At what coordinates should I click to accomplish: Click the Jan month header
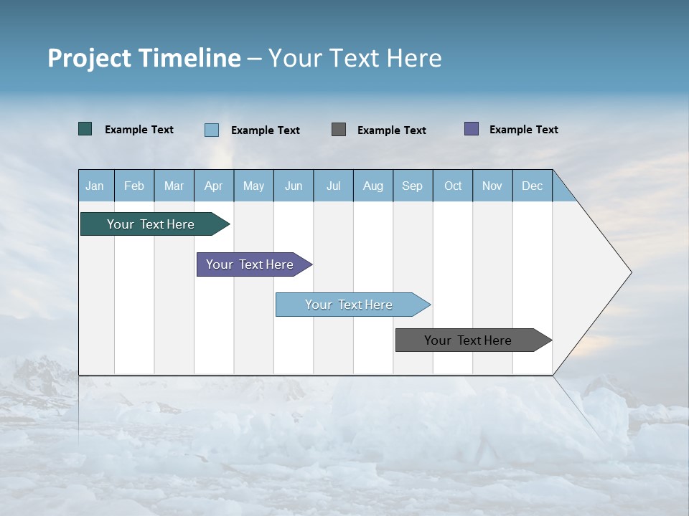pyautogui.click(x=95, y=186)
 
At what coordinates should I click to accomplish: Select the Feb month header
pyautogui.click(x=134, y=186)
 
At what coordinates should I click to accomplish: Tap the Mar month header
pyautogui.click(x=174, y=186)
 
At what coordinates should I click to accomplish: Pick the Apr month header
pyautogui.click(x=213, y=186)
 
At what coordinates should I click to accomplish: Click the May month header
pyautogui.click(x=253, y=186)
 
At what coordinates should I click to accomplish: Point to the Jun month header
pyautogui.click(x=294, y=186)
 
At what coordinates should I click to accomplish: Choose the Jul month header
pyautogui.click(x=333, y=186)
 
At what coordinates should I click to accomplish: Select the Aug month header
pyautogui.click(x=372, y=186)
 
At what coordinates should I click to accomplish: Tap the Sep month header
pyautogui.click(x=412, y=186)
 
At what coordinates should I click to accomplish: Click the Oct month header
pyautogui.click(x=453, y=186)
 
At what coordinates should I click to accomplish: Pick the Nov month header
pyautogui.click(x=492, y=186)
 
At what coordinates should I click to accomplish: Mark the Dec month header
pyautogui.click(x=532, y=186)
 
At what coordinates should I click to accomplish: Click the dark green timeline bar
pyautogui.click(x=151, y=224)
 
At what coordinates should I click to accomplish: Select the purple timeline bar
pyautogui.click(x=250, y=264)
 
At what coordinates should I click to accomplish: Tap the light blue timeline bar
pyautogui.click(x=349, y=305)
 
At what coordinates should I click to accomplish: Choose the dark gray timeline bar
pyautogui.click(x=468, y=340)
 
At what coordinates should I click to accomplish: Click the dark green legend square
pyautogui.click(x=85, y=129)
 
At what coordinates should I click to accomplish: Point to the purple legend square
pyautogui.click(x=472, y=129)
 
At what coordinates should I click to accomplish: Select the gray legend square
pyautogui.click(x=339, y=129)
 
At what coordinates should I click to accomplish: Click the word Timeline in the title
pyautogui.click(x=189, y=58)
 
